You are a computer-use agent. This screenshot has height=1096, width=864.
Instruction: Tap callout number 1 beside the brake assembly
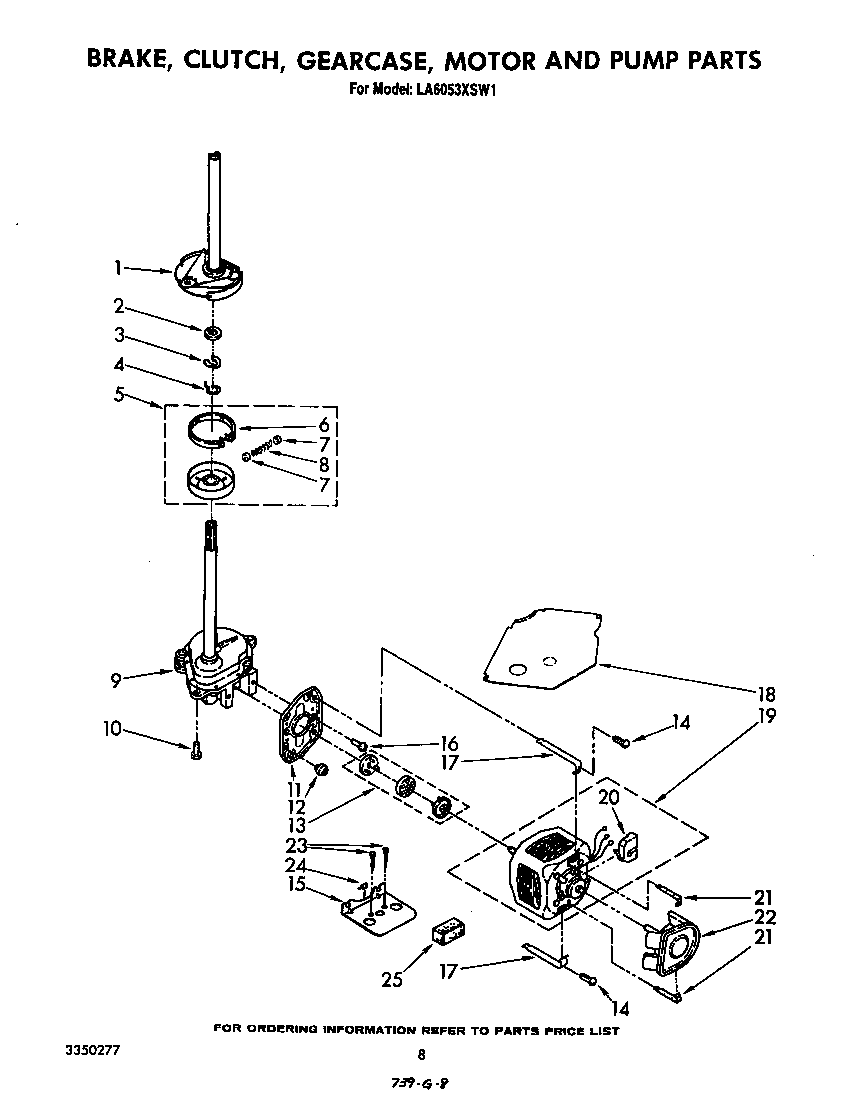tap(118, 267)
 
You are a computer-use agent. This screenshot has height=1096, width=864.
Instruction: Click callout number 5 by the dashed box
tap(118, 394)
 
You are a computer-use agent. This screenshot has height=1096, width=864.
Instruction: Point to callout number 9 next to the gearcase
tap(118, 680)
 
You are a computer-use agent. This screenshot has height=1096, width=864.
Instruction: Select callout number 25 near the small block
tap(392, 979)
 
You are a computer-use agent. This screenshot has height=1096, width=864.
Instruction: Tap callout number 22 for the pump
tap(766, 917)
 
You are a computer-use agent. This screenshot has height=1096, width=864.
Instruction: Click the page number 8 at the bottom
tap(421, 1054)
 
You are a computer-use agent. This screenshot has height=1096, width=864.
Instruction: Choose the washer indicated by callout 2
tap(213, 333)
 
